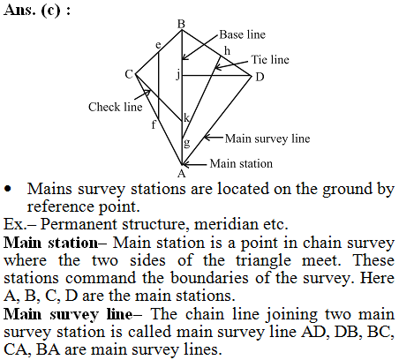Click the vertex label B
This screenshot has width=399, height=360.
pos(181,24)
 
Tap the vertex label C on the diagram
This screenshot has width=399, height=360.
pos(129,74)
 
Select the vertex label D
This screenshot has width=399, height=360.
pos(260,77)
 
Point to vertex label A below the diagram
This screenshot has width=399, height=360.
pos(182,174)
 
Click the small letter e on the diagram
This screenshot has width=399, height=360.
pos(158,45)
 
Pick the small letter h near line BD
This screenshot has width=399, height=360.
pos(227,51)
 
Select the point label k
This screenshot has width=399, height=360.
pos(186,117)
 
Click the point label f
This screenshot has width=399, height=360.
pos(154,124)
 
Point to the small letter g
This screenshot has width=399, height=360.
pos(186,143)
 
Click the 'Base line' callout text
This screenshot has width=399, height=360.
pos(242,34)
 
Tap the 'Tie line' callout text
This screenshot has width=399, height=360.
pos(270,60)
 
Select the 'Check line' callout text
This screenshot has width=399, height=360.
pos(115,107)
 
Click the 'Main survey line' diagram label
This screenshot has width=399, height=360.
pos(267,139)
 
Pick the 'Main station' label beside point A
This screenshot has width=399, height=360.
pos(241,163)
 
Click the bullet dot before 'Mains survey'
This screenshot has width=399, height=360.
pos(8,189)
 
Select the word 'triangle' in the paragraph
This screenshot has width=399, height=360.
pos(263,261)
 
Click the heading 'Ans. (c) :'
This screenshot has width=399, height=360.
pos(37,11)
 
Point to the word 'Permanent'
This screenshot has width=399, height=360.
pos(79,224)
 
